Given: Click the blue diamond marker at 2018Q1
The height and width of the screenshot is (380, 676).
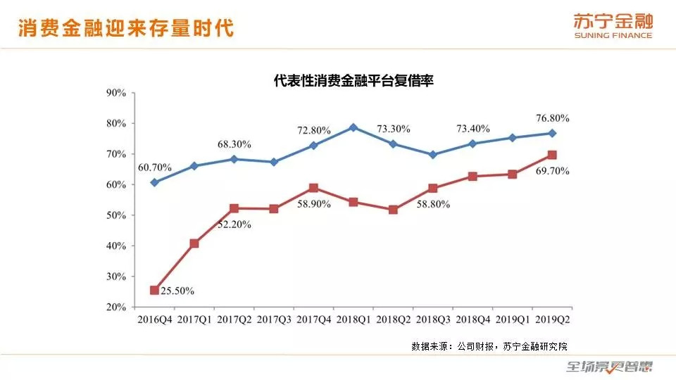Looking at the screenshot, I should tap(353, 127).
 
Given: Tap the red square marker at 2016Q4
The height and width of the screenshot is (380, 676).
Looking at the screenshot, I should tap(154, 290).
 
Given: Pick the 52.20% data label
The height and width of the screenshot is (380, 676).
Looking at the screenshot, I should tap(232, 224).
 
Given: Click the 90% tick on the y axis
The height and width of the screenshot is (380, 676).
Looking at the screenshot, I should tap(115, 92).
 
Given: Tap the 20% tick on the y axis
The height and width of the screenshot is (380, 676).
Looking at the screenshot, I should tap(115, 308).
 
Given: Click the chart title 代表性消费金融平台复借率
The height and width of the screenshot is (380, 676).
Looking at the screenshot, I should tap(353, 81).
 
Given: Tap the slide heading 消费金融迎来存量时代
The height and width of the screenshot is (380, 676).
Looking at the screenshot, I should tap(125, 28).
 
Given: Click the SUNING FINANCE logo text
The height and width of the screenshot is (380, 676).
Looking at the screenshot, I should tap(613, 35).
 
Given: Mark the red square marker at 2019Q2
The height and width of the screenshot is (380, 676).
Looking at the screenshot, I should tap(552, 155).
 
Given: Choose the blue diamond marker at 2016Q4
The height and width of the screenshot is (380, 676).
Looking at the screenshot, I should tap(154, 182).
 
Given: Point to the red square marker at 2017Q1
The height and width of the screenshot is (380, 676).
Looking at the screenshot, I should tap(194, 243).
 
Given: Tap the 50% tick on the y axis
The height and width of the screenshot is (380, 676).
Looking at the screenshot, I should tap(115, 215).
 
